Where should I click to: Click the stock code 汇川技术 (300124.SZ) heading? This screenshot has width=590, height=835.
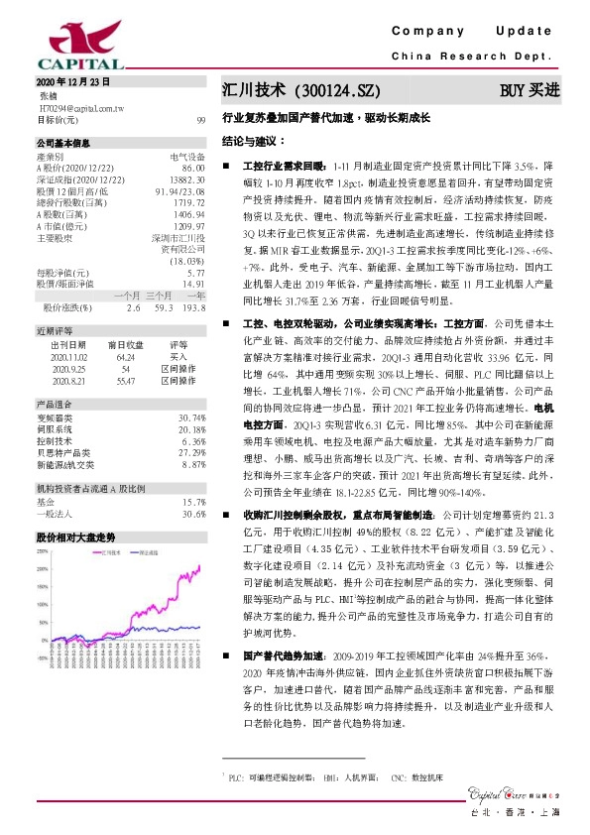[x=301, y=90]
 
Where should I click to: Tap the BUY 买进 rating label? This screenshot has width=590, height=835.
[x=530, y=90]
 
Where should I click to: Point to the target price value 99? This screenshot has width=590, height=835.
[x=201, y=119]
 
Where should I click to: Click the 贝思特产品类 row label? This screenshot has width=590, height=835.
[x=64, y=451]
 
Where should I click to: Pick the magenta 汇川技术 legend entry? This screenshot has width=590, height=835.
[x=109, y=553]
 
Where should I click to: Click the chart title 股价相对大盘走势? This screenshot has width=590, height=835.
[x=75, y=537]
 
